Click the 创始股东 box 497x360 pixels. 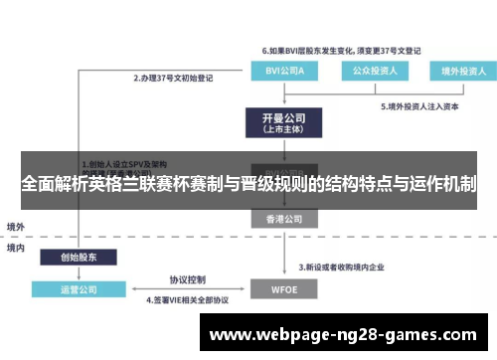(x=72, y=257)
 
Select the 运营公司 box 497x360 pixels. (x=72, y=289)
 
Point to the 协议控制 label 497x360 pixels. (x=186, y=278)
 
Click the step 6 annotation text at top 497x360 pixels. (x=341, y=49)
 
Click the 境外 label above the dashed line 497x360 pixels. (x=17, y=226)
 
